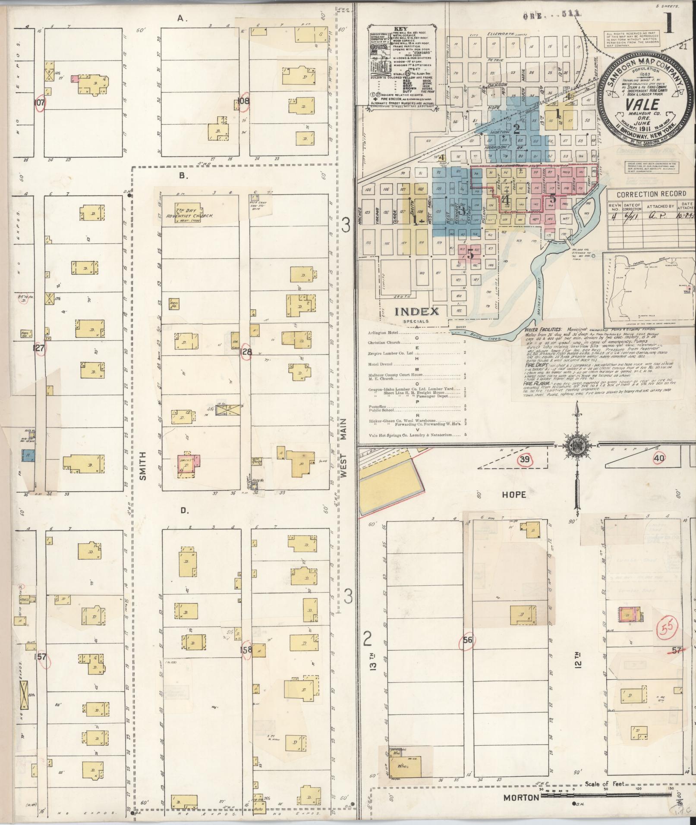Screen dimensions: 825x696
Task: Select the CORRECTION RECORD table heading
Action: click(650, 194)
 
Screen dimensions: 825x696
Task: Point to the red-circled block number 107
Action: click(40, 103)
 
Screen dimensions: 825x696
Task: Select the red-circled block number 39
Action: click(524, 460)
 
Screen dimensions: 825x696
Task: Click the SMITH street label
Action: click(143, 466)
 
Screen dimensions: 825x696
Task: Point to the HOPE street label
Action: click(513, 494)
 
